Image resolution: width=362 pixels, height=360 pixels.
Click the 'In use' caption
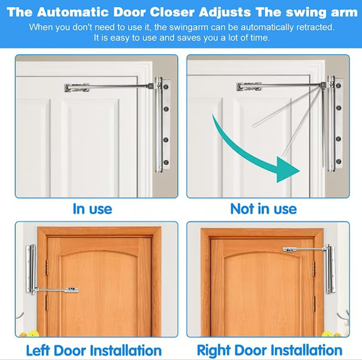tap(92, 209)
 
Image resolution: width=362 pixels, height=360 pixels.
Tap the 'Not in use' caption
tap(264, 209)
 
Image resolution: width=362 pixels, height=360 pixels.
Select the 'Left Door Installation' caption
tap(93, 351)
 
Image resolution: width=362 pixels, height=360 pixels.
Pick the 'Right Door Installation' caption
tap(269, 351)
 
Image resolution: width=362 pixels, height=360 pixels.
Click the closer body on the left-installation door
tap(30, 274)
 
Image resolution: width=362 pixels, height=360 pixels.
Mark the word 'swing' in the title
tap(307, 12)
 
